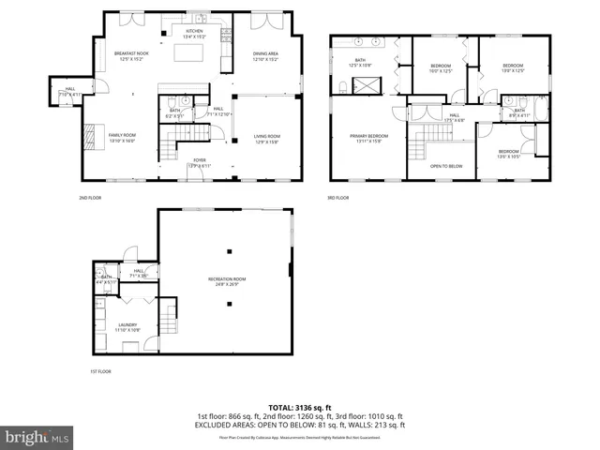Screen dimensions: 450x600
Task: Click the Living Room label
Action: click(x=267, y=138)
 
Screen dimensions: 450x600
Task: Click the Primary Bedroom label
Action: click(x=369, y=138)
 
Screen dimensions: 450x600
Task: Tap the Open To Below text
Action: click(x=446, y=166)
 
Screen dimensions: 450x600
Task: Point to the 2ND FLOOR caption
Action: click(x=90, y=198)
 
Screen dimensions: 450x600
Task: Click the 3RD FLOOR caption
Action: click(x=337, y=198)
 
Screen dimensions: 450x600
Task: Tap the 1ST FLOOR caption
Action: click(x=100, y=371)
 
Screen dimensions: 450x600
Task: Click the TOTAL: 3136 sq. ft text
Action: click(x=300, y=408)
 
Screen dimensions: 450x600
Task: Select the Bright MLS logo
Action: click(x=37, y=437)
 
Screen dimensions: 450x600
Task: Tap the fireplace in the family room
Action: click(x=89, y=136)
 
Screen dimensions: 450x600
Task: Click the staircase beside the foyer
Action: click(x=171, y=146)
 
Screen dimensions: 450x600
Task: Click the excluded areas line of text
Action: click(x=300, y=425)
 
